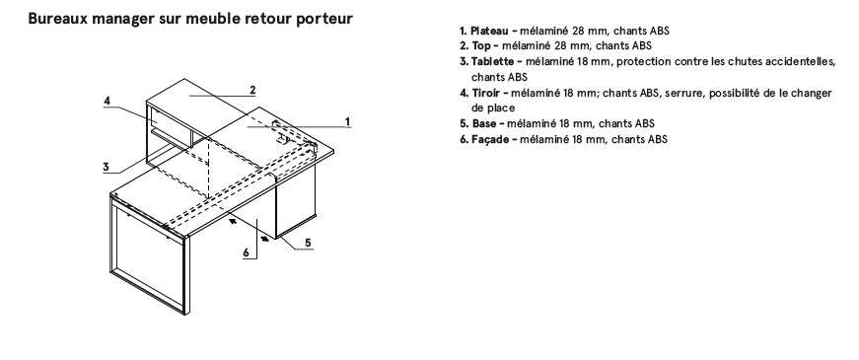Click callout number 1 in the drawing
[x=347, y=120]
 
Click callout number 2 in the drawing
[x=252, y=90]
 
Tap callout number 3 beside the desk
[x=107, y=167]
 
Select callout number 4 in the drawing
[x=107, y=101]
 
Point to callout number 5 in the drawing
[x=308, y=243]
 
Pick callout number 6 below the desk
[x=247, y=252]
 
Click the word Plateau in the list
[x=489, y=32]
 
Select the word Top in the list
[x=481, y=46]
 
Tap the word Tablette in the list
[x=492, y=61]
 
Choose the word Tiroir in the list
[x=486, y=93]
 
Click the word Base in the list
[x=484, y=124]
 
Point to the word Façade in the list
[x=491, y=139]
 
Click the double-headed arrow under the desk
[x=249, y=229]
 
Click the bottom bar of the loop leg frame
[x=148, y=290]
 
